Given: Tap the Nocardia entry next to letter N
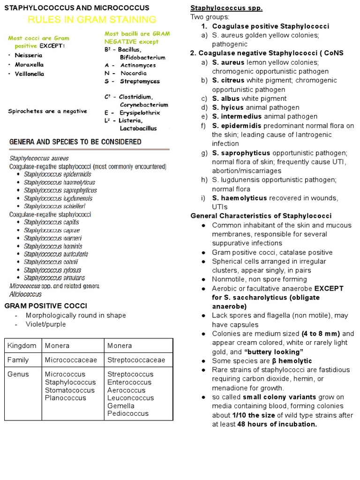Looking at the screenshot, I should (133, 73).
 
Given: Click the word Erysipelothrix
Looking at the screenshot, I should (140, 112).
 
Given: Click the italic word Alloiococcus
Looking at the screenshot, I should (25, 294).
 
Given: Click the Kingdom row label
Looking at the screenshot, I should (22, 346).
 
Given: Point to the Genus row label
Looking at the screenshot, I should (18, 375).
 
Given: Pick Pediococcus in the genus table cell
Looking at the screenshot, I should (128, 413).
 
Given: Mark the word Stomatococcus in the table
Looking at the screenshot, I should (69, 390).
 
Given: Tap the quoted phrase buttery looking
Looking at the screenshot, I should (274, 352).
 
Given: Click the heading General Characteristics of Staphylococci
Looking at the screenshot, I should (261, 216).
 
